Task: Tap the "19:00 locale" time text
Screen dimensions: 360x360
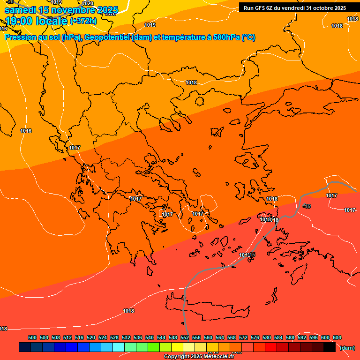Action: [37, 21]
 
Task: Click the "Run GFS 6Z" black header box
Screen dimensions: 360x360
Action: [294, 7]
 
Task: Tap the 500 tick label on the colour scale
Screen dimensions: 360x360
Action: [32, 338]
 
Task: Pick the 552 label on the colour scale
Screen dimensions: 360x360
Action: [184, 338]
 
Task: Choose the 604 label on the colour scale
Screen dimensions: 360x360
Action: [337, 338]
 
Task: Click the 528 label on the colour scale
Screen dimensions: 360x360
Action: [114, 338]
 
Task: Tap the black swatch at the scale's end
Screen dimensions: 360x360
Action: [330, 347]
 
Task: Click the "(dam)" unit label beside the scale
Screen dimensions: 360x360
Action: [347, 348]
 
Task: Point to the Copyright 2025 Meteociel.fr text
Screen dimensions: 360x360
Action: [199, 357]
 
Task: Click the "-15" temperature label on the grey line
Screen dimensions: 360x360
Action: [307, 206]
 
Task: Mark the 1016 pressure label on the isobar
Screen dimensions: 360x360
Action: [26, 131]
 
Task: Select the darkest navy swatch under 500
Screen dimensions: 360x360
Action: [25, 347]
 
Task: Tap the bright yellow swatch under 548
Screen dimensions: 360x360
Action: [177, 347]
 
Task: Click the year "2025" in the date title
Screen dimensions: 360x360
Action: [107, 9]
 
